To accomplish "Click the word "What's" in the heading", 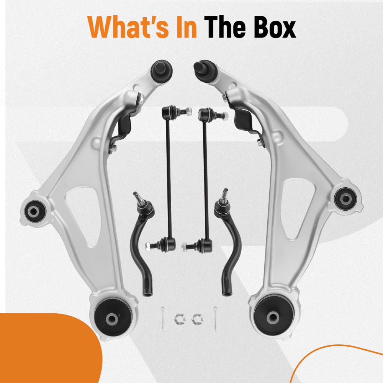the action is [x=128, y=27].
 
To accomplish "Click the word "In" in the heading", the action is [x=186, y=27].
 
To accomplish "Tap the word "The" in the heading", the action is [x=225, y=27].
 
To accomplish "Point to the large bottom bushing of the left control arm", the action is [x=113, y=317].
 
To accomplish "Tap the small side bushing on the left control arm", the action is [x=35, y=211].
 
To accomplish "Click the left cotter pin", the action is [x=163, y=319].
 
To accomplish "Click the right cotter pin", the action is [x=215, y=319].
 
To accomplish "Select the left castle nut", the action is [x=180, y=319].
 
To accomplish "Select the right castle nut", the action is [x=197, y=319].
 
